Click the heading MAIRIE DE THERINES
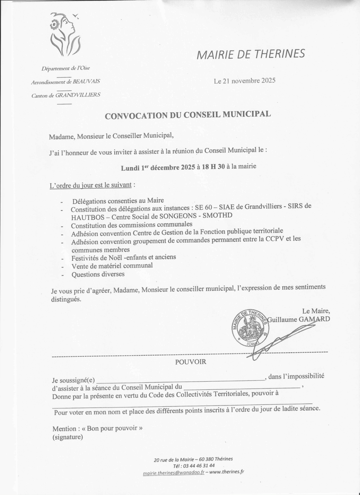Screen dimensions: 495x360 251,54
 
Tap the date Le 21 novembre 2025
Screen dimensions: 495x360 244,81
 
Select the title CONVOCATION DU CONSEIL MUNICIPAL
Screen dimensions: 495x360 188,115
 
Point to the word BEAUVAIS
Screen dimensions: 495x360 86,82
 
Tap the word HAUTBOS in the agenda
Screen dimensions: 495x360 85,217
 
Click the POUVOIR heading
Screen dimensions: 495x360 190,362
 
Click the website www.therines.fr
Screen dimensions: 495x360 227,472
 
